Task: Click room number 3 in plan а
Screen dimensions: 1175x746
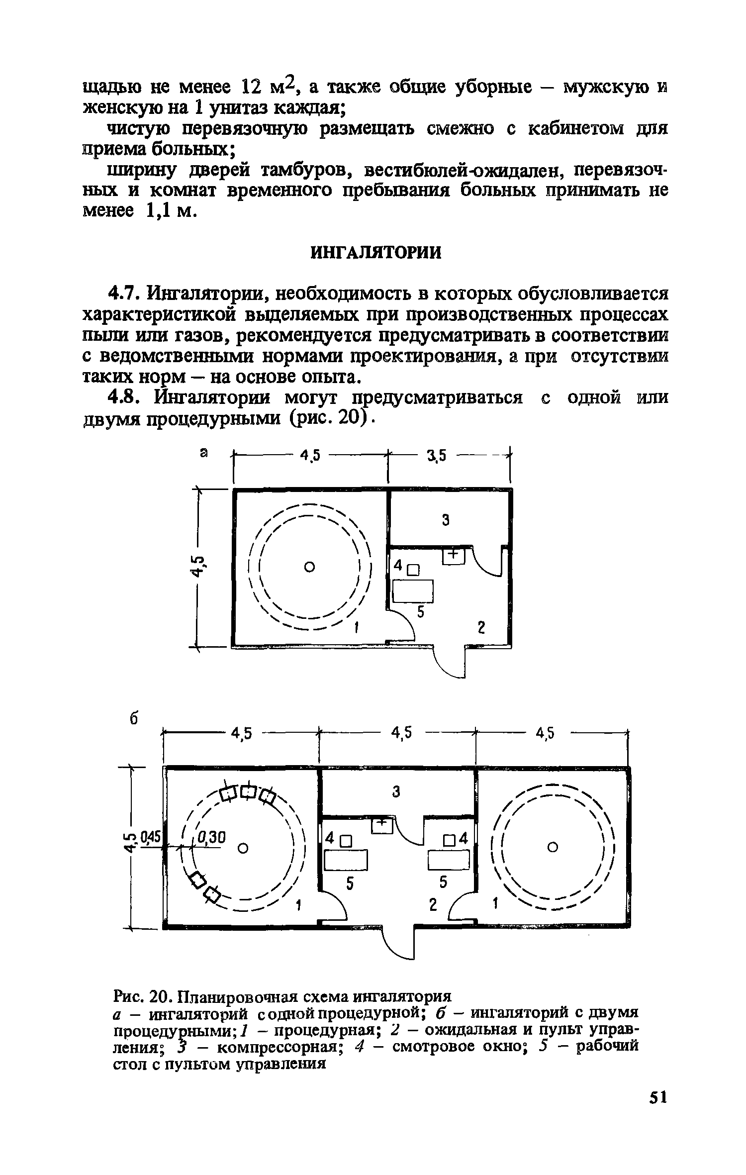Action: tap(446, 520)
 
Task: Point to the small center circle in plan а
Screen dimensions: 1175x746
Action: tap(309, 567)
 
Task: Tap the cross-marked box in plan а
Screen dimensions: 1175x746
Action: tap(453, 556)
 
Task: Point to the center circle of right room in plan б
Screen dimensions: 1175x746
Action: tap(551, 846)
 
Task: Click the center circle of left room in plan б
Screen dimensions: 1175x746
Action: tap(243, 848)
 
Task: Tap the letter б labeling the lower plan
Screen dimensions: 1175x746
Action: tap(133, 720)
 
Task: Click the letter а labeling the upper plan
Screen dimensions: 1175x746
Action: tap(203, 453)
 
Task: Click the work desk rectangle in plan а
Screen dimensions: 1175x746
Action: tap(413, 591)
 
